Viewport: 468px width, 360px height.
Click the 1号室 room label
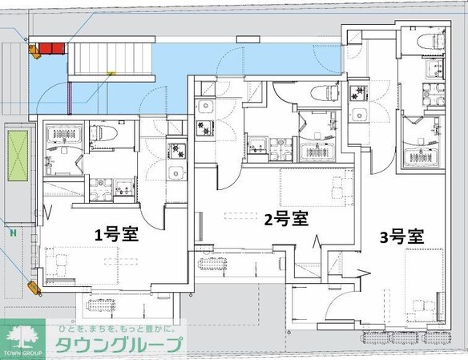(116, 234)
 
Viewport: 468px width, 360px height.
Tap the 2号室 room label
(286, 219)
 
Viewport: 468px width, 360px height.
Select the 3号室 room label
(401, 237)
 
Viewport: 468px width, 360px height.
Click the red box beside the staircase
(51, 48)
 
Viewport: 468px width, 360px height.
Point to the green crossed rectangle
(18, 156)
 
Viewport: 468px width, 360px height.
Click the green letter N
(13, 233)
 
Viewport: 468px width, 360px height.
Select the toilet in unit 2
(325, 93)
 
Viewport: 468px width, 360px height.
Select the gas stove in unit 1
(176, 151)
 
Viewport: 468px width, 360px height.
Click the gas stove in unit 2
(204, 127)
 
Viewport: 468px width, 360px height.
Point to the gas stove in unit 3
(358, 92)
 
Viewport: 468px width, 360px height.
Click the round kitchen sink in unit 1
(176, 172)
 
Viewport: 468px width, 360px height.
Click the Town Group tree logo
(23, 339)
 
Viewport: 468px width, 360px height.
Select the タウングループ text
(118, 345)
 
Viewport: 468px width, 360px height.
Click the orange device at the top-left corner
(34, 51)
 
